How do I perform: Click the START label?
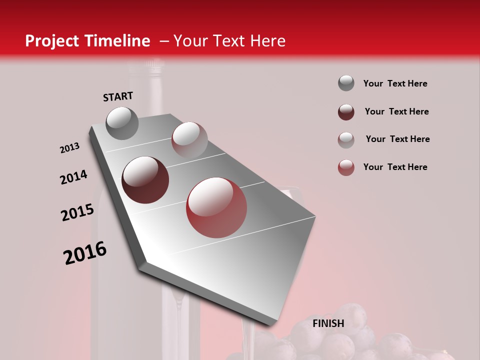pos(118,96)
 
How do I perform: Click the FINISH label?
pos(328,323)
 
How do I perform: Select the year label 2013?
pos(69,148)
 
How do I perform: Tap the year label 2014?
pos(73,177)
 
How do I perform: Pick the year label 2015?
pos(77,212)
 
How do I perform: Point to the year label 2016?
pos(85,253)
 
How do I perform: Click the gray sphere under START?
pos(122,123)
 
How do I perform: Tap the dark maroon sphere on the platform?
pos(145,180)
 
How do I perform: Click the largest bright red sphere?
pos(216,207)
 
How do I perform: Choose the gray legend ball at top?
pos(346,83)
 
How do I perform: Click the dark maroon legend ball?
pos(346,112)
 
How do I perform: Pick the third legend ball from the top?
pos(346,139)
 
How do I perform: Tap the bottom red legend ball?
pos(346,167)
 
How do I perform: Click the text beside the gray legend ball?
pos(395,83)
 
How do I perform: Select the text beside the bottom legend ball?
pos(395,167)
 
